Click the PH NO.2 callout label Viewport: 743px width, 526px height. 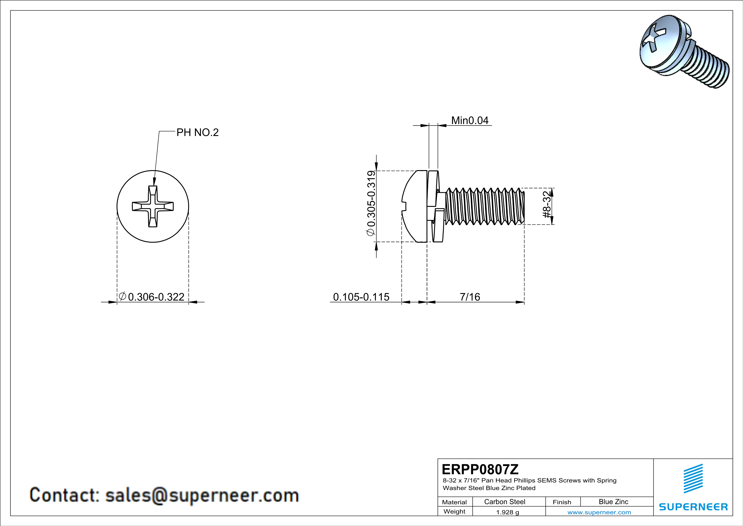pos(197,133)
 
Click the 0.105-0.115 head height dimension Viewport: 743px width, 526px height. pos(361,297)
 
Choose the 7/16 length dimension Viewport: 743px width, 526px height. pos(470,297)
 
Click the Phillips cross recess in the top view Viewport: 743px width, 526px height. pos(153,206)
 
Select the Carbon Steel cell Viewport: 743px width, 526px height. pos(504,502)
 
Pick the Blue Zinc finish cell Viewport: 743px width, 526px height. pos(613,502)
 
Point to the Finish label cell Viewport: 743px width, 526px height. pos(562,502)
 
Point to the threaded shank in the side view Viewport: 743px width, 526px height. pos(485,206)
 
